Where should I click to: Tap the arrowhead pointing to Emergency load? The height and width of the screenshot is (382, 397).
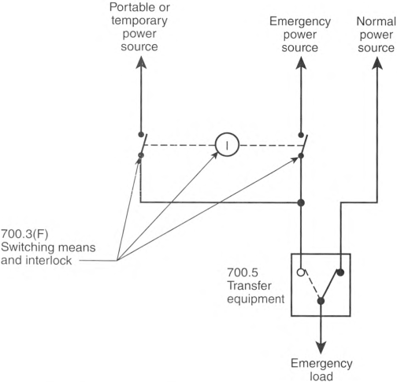pyautogui.click(x=321, y=347)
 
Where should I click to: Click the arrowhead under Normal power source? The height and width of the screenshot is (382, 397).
pyautogui.click(x=377, y=63)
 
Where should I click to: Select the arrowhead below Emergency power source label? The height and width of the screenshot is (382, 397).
pyautogui.click(x=301, y=63)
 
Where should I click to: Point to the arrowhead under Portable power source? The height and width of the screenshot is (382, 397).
pyautogui.click(x=141, y=62)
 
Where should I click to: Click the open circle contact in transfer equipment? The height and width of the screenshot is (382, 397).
pyautogui.click(x=301, y=273)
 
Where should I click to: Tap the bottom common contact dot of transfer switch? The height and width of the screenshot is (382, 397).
pyautogui.click(x=321, y=301)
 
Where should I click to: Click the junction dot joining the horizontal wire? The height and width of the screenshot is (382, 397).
pyautogui.click(x=301, y=202)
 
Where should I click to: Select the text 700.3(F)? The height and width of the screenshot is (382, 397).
pyautogui.click(x=25, y=234)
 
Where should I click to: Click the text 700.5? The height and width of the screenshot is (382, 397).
pyautogui.click(x=243, y=273)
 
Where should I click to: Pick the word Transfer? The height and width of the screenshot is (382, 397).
pyautogui.click(x=249, y=286)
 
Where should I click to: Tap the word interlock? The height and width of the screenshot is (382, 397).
pyautogui.click(x=49, y=261)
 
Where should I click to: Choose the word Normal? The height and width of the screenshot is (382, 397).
pyautogui.click(x=377, y=21)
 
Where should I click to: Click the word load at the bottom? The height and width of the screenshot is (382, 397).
pyautogui.click(x=321, y=376)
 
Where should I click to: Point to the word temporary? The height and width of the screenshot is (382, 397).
pyautogui.click(x=139, y=20)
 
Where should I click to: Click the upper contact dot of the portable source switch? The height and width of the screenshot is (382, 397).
pyautogui.click(x=141, y=135)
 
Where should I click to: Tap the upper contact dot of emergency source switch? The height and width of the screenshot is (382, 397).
pyautogui.click(x=301, y=135)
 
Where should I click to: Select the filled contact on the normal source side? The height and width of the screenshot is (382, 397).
pyautogui.click(x=340, y=273)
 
